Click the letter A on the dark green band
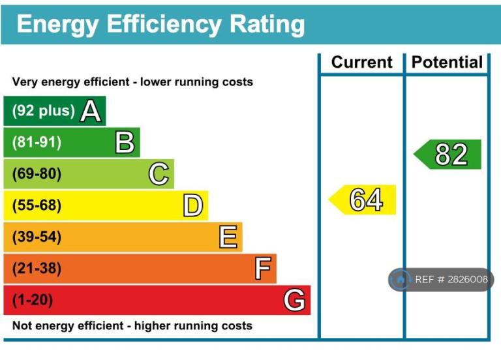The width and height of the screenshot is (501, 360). (x=91, y=112)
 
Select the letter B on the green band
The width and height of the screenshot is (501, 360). (x=125, y=142)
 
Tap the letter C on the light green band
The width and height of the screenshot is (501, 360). (x=159, y=174)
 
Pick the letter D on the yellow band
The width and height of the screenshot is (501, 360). (x=192, y=205)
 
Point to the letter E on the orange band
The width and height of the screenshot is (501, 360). (x=227, y=237)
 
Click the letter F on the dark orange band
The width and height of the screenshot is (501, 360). (x=262, y=268)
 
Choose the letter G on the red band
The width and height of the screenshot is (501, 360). (x=294, y=300)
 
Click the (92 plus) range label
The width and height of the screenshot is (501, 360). (x=43, y=111)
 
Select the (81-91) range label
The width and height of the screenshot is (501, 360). (x=37, y=142)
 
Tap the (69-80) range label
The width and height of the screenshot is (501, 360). (x=37, y=174)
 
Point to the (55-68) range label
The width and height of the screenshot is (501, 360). (x=37, y=205)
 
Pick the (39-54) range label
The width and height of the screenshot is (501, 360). (x=37, y=237)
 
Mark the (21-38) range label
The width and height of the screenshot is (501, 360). (x=37, y=268)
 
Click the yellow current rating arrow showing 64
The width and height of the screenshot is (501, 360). (x=363, y=200)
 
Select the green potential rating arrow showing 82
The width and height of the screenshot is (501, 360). (x=449, y=155)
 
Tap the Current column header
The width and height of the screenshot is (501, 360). (x=362, y=63)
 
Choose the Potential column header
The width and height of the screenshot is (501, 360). (x=448, y=63)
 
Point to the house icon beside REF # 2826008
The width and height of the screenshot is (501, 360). (x=400, y=280)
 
